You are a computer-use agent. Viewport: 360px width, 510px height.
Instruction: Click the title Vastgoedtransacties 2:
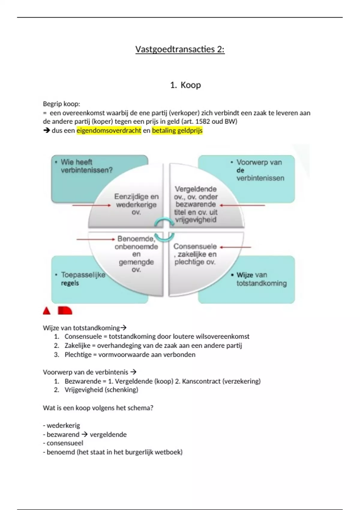click(x=180, y=49)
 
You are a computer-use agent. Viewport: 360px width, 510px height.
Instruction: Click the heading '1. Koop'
click(x=185, y=85)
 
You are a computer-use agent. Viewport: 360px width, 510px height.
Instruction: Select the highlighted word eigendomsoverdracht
click(x=109, y=130)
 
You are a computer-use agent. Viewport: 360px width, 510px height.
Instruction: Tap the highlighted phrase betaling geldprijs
click(x=177, y=130)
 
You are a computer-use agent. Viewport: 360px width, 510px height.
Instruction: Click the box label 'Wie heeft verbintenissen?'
click(x=86, y=166)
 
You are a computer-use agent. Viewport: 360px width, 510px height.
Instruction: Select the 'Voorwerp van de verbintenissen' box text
click(x=260, y=170)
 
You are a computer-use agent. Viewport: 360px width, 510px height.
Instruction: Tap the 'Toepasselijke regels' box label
click(x=83, y=279)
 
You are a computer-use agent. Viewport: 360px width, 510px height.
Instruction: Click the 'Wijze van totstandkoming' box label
click(x=261, y=279)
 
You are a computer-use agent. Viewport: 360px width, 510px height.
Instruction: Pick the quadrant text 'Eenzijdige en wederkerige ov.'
click(x=136, y=204)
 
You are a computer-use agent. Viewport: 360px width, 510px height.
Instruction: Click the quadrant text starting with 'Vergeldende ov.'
click(x=196, y=204)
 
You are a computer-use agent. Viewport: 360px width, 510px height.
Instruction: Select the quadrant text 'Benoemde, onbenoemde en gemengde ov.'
click(x=136, y=254)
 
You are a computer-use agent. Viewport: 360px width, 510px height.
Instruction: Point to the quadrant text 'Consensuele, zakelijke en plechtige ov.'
click(x=195, y=254)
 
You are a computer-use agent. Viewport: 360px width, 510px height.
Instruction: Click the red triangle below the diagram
click(x=47, y=311)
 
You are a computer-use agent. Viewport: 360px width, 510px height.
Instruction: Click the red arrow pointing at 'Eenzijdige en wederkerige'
click(x=91, y=205)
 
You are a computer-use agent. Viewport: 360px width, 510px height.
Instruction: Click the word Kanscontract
click(x=201, y=381)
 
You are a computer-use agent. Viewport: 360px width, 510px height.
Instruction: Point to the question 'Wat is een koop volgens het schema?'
click(x=98, y=408)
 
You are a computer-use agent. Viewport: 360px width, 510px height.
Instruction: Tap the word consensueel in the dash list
click(x=65, y=443)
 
